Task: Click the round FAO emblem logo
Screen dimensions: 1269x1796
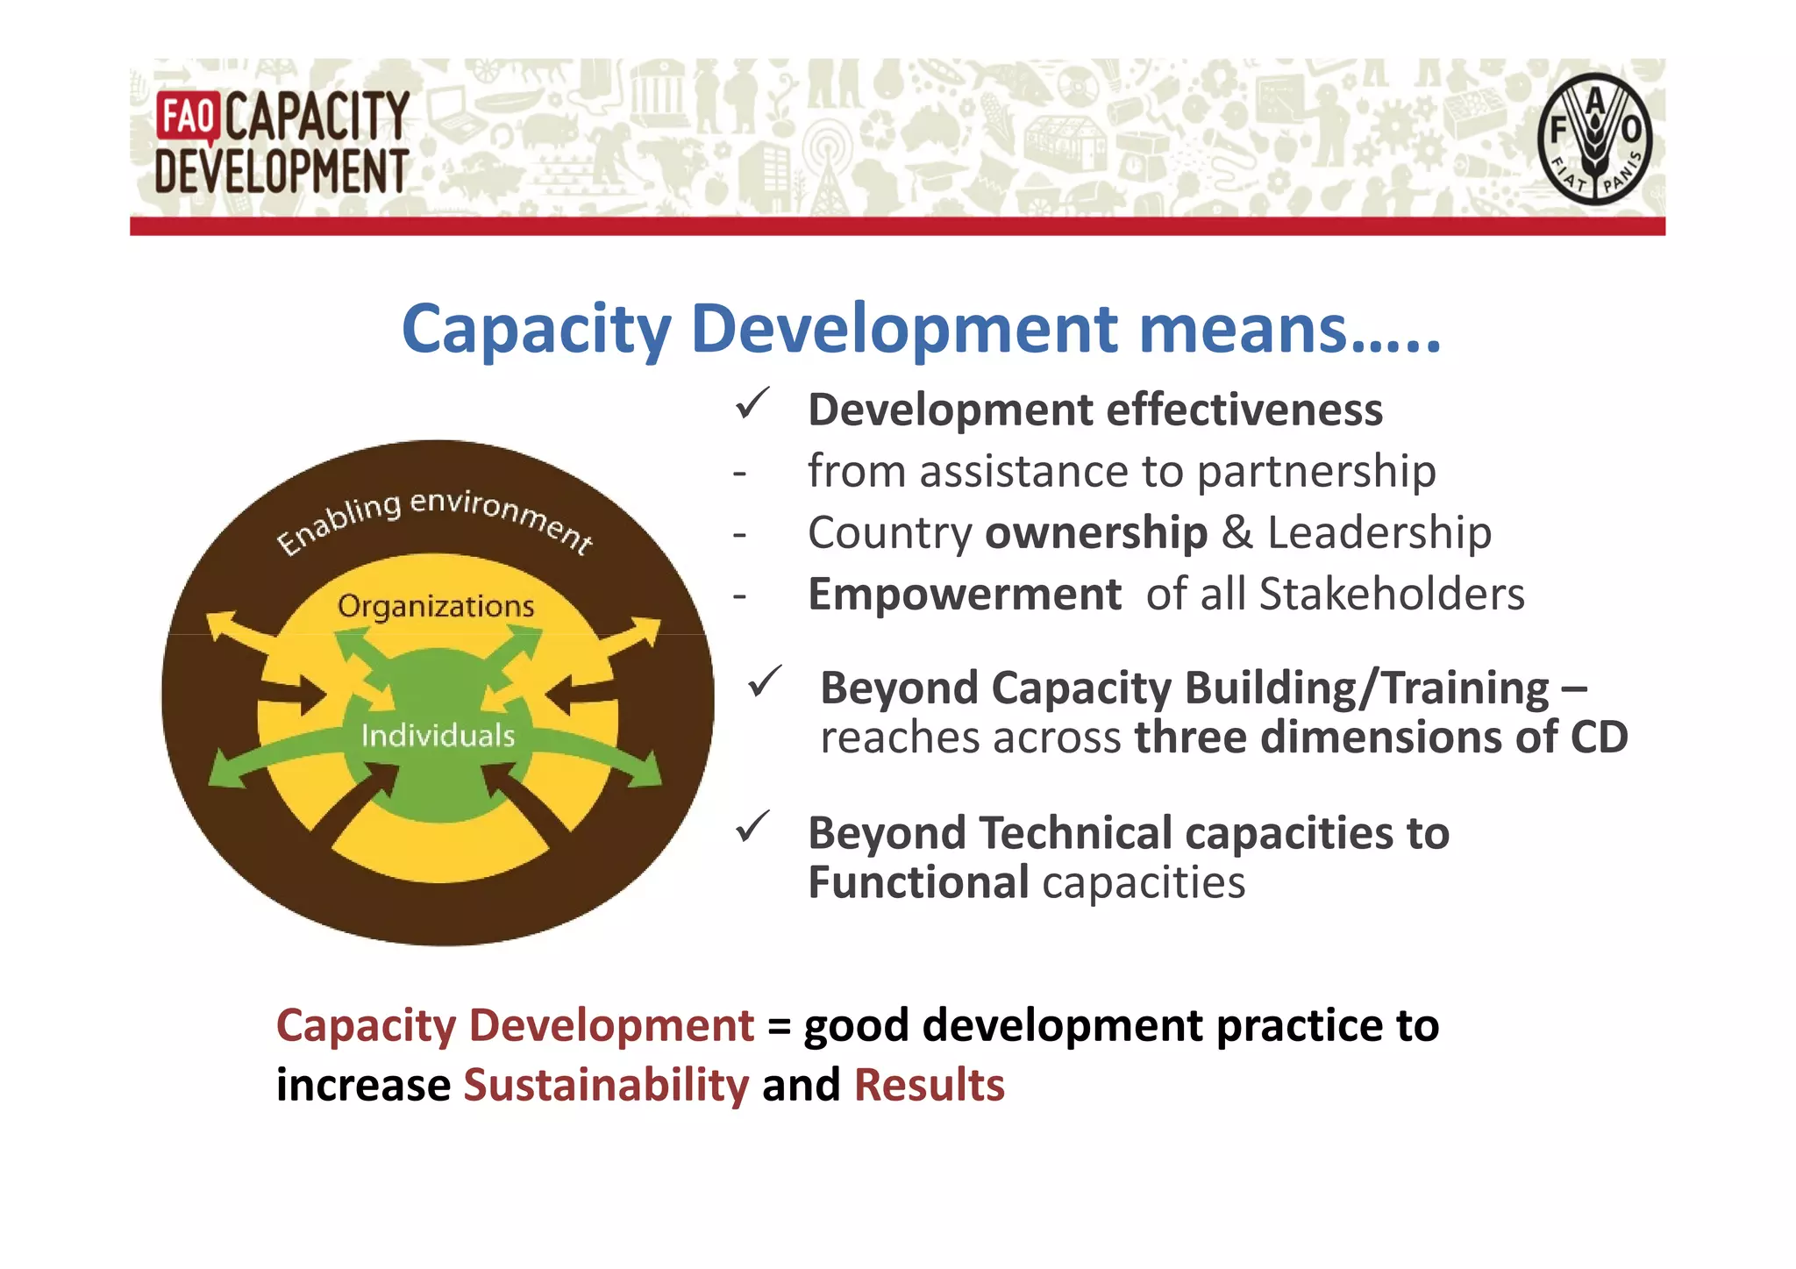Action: [1593, 139]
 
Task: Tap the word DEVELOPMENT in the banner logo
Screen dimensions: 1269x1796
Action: [282, 171]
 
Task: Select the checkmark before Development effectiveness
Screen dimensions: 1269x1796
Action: [752, 404]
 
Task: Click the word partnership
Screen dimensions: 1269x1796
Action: [1316, 472]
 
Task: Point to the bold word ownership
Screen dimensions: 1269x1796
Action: [1096, 533]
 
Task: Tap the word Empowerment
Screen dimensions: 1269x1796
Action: [964, 595]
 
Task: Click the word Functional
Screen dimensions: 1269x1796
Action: [917, 882]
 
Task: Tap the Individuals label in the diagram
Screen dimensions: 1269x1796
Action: [438, 735]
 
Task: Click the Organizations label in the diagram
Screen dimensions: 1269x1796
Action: [436, 606]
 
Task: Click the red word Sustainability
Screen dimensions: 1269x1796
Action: [606, 1086]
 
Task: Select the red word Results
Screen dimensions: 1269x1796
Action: [929, 1086]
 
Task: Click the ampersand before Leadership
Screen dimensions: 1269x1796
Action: [1237, 533]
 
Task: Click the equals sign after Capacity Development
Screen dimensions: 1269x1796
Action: [779, 1026]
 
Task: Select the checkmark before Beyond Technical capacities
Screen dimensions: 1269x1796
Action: [752, 827]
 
